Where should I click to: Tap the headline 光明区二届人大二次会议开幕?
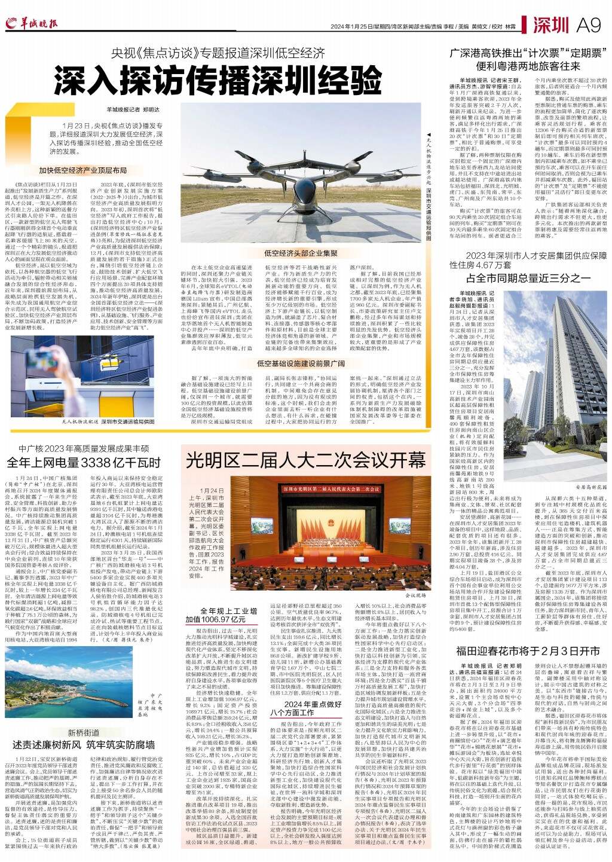tap(305, 460)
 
